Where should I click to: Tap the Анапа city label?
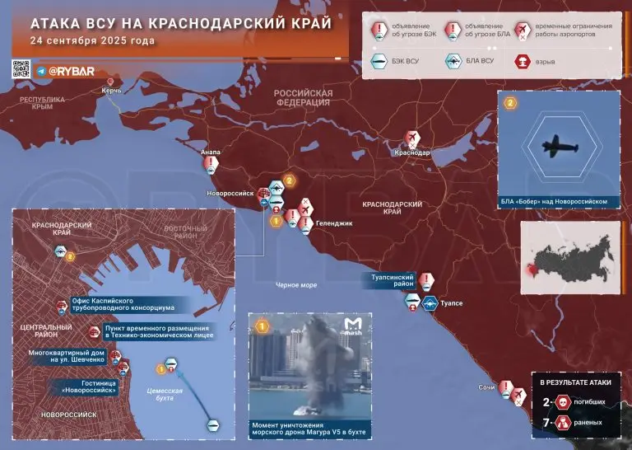211,152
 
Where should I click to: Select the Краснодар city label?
412,153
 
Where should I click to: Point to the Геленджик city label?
334,223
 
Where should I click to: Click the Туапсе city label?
453,303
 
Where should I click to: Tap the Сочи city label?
486,387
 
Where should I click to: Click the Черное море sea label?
296,284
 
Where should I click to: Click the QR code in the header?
21,70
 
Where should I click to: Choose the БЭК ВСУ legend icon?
379,61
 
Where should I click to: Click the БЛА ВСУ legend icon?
452,61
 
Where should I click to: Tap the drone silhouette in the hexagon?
559,146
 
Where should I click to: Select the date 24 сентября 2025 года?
91,40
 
